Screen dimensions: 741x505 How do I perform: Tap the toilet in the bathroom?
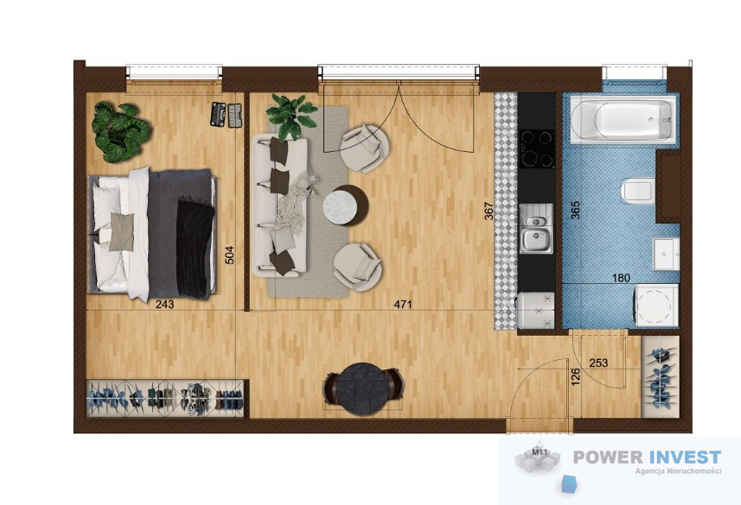636,191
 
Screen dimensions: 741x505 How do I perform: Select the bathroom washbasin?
667,254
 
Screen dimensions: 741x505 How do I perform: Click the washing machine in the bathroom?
656,305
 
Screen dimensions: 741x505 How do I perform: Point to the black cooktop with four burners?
537,148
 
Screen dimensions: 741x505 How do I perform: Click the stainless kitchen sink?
536,229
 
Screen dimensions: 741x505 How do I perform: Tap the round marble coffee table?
345,205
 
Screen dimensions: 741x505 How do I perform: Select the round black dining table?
363,388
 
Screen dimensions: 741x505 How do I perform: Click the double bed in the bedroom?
151,234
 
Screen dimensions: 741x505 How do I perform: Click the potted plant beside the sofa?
291,116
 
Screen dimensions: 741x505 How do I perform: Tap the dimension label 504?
229,255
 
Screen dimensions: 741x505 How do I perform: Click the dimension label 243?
165,305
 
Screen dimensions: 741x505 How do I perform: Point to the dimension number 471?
403,305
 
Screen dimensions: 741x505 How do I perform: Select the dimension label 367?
489,211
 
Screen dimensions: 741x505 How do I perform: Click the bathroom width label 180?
621,278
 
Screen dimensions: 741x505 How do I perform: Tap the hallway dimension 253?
598,363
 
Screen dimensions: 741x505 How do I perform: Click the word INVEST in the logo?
686,457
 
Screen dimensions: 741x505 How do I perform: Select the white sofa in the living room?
280,205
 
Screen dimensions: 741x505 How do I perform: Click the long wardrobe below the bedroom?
165,398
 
